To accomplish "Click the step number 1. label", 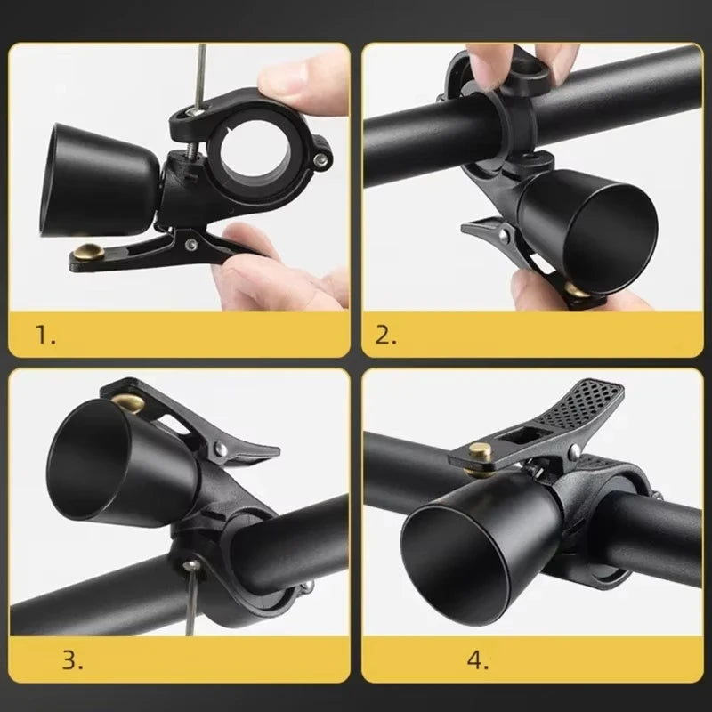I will [x=44, y=335].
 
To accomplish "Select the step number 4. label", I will [x=476, y=660].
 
